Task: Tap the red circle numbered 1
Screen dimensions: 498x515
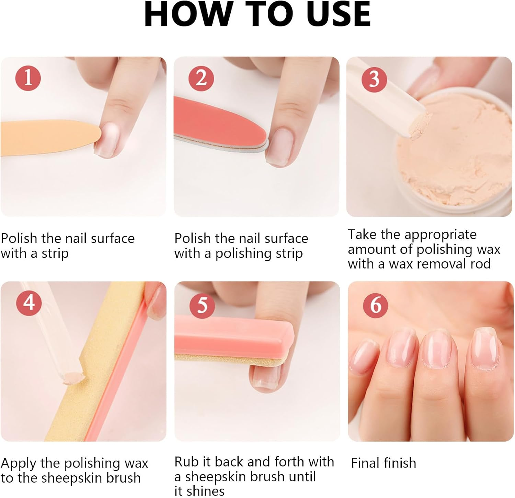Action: pos(28,78)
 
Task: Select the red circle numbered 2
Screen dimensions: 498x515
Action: pos(201,78)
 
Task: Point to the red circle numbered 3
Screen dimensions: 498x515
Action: pos(374,79)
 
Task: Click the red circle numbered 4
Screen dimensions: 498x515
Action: pos(29,303)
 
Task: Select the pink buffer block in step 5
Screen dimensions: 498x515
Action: pos(233,336)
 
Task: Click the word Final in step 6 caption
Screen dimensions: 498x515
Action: pos(365,463)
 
